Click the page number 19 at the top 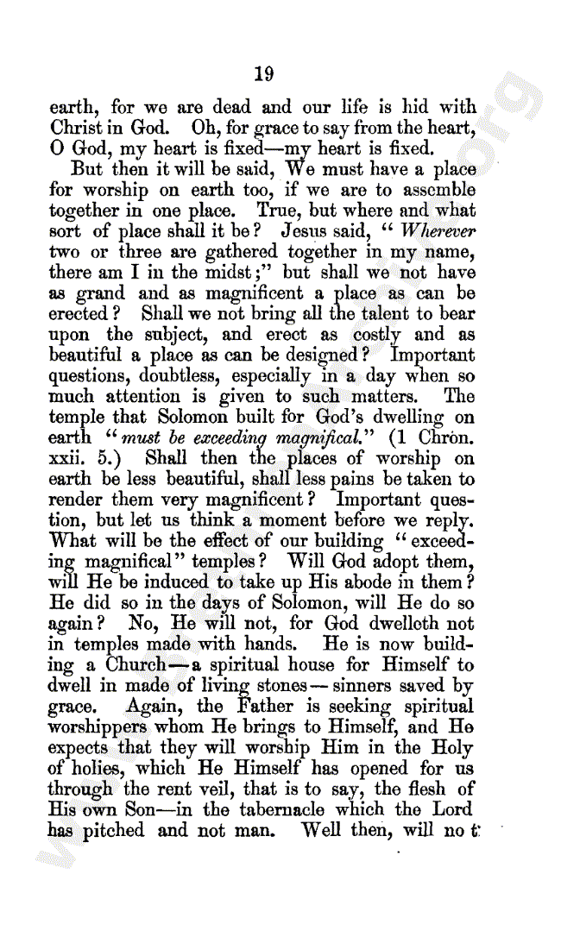pyautogui.click(x=264, y=74)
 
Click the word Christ pyautogui.click(x=77, y=128)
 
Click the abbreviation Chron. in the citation pyautogui.click(x=445, y=437)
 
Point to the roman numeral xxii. pyautogui.click(x=68, y=458)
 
